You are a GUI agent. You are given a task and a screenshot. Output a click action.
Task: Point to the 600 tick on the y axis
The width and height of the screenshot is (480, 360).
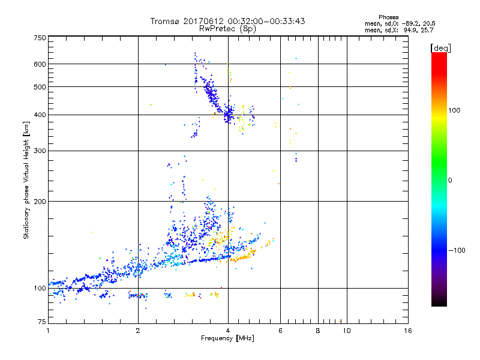(40, 64)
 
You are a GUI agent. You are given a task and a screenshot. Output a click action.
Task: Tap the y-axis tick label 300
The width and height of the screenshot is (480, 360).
(40, 150)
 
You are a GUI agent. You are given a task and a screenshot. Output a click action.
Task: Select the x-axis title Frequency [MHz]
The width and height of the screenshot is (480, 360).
(227, 339)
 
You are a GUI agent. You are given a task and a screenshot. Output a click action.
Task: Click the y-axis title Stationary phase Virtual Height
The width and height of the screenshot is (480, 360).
(26, 180)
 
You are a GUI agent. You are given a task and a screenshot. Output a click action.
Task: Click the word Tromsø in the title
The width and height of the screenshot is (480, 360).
(164, 21)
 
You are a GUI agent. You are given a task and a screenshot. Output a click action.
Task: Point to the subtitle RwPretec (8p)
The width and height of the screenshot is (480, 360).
(227, 28)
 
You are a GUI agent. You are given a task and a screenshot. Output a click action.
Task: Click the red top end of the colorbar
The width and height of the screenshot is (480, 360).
(439, 55)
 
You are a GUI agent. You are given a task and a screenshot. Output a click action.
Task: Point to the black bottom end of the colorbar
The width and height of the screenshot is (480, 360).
(439, 304)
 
